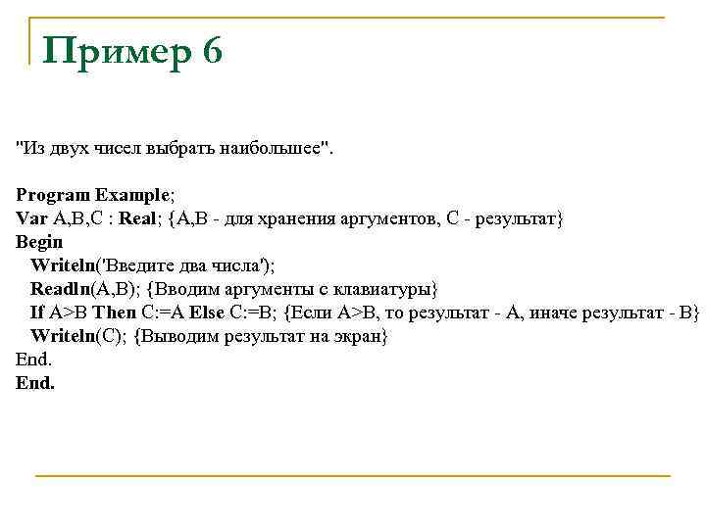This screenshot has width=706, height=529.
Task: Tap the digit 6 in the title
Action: [212, 50]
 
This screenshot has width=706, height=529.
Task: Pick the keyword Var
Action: [31, 218]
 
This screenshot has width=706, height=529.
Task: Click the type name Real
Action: [138, 218]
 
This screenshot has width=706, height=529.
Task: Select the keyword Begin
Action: [39, 242]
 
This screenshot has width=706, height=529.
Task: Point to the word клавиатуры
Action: [386, 289]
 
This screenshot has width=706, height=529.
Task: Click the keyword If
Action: [36, 313]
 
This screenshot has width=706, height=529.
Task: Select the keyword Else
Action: [207, 313]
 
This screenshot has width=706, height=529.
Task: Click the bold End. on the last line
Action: [35, 383]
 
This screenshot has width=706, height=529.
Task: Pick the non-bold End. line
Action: [33, 360]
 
